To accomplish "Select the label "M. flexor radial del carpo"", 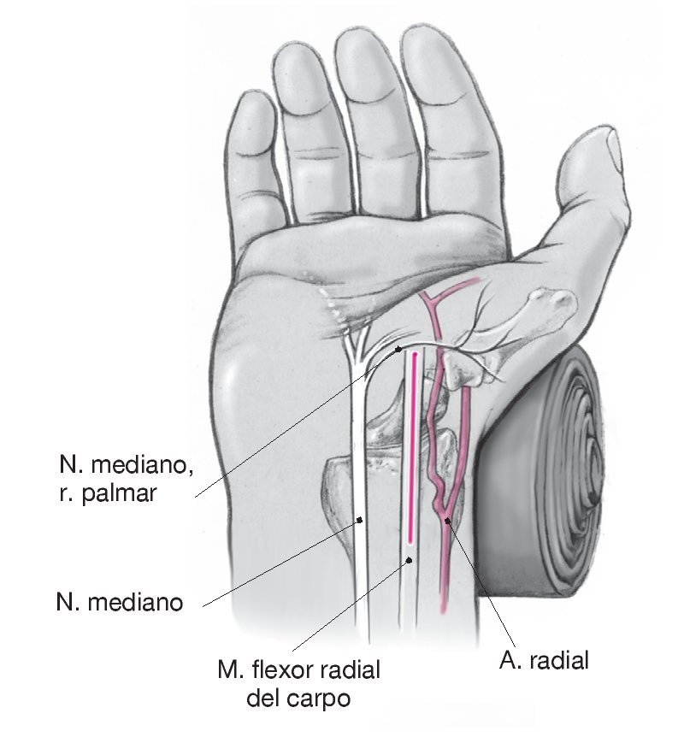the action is (298, 684).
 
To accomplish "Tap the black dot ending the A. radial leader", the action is (447, 520).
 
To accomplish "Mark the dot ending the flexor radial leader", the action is (410, 560).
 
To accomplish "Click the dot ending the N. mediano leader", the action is (360, 519).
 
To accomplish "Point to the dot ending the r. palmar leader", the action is (399, 349).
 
